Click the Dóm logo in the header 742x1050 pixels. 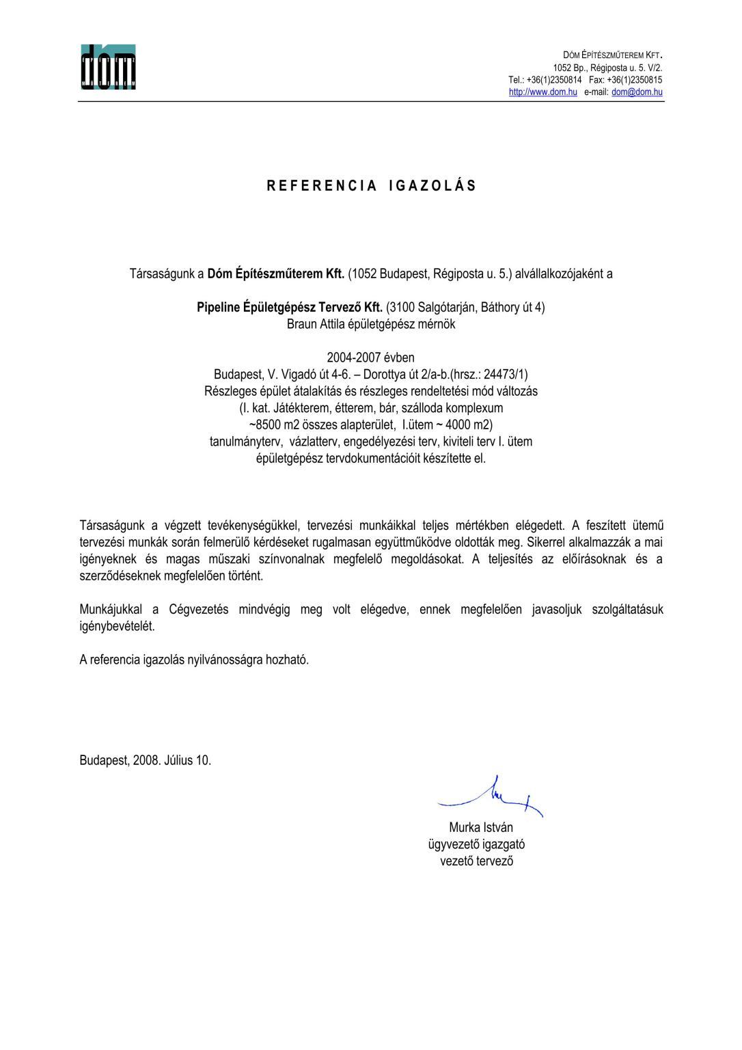pos(108,66)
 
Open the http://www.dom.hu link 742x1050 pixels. pos(543,92)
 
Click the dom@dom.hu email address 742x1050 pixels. pos(637,92)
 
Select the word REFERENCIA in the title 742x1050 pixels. pos(321,186)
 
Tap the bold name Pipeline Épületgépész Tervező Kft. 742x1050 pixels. pos(290,308)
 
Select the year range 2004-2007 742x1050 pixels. pos(352,358)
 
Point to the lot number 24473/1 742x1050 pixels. pos(505,375)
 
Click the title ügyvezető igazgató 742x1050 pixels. pos(477,844)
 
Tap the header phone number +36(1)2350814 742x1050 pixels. pos(554,80)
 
